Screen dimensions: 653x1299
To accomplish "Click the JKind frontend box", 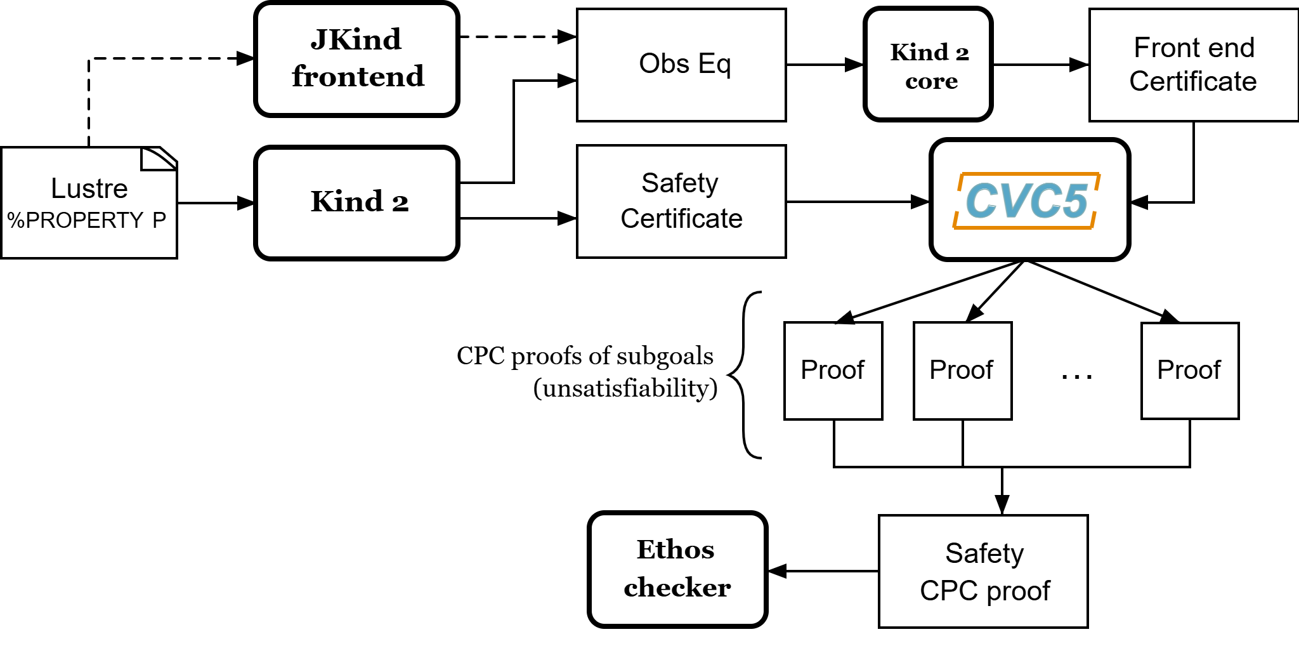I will click(x=356, y=59).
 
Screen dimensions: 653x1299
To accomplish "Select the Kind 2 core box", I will click(x=928, y=64).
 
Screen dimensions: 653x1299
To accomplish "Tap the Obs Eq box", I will click(x=681, y=65).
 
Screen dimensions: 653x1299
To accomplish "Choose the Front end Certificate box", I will click(x=1194, y=65).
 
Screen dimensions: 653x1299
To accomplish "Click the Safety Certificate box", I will click(x=681, y=201).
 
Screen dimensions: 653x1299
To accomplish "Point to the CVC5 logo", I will click(x=1027, y=201).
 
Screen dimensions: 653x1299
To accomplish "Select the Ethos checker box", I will click(x=677, y=569).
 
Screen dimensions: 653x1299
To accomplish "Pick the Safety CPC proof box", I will click(x=983, y=571).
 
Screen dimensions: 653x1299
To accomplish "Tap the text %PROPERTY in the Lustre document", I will click(x=75, y=220).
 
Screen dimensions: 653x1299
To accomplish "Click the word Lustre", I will click(x=89, y=188).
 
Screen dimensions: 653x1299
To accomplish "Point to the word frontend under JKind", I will click(x=358, y=77).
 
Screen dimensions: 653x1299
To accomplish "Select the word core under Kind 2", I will click(x=931, y=81).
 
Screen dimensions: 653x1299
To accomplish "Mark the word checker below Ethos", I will click(x=677, y=588).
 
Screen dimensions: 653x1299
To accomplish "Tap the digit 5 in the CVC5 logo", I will click(x=1073, y=201).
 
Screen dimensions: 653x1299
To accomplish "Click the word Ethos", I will click(x=676, y=550).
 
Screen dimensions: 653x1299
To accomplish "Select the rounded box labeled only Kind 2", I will click(x=356, y=203).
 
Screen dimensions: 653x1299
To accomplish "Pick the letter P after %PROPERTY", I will click(x=159, y=220).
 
